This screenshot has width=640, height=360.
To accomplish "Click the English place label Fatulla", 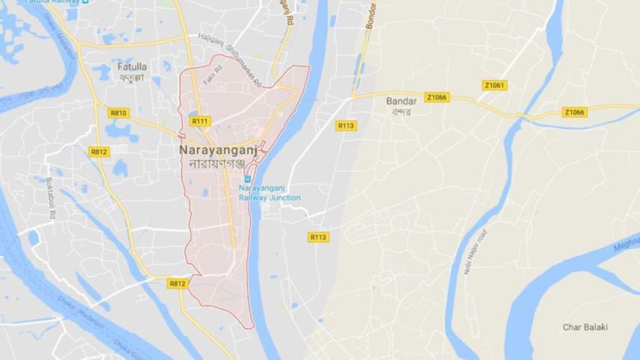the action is click(132, 66).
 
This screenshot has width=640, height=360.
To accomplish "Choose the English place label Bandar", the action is click(400, 101).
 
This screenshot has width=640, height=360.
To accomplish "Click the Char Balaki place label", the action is click(585, 327).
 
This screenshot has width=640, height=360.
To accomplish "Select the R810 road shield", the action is click(118, 113).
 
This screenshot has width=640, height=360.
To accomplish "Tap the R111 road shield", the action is click(200, 121).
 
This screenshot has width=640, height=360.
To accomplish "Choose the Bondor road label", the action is click(370, 15).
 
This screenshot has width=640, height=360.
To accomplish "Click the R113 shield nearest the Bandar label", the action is click(345, 125).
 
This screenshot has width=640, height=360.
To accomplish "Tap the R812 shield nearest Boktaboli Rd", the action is click(99, 151).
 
